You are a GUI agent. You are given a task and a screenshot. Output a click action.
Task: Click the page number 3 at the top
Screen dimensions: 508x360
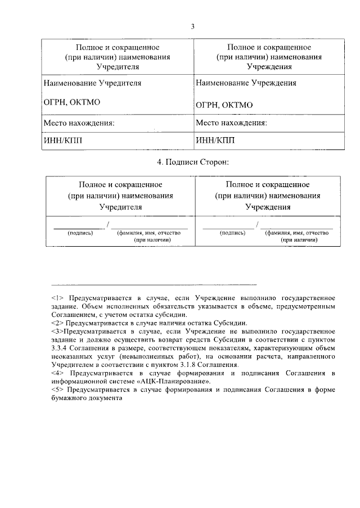(192, 26)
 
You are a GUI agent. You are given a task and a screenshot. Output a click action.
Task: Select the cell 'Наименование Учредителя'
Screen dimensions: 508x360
(92, 83)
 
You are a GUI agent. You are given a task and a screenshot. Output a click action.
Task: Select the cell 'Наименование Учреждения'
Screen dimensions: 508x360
(246, 83)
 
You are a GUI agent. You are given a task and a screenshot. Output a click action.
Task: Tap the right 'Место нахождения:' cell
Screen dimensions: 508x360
(231, 123)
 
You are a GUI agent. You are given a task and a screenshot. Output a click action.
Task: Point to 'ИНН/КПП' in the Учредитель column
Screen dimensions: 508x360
(63, 140)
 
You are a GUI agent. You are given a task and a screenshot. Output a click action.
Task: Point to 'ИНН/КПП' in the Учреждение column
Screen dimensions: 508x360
(214, 140)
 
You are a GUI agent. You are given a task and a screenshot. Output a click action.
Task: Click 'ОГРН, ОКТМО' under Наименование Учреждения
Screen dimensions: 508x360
(224, 105)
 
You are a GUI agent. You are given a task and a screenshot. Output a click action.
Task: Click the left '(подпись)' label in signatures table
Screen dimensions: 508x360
(80, 232)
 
